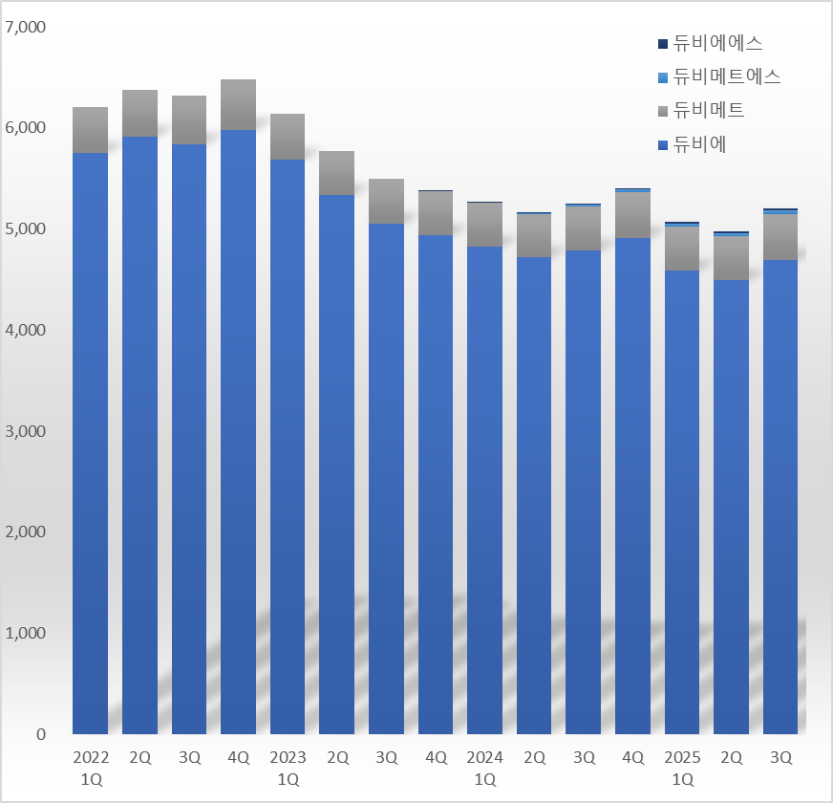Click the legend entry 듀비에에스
[717, 43]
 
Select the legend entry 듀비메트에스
[727, 76]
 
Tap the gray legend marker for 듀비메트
[663, 111]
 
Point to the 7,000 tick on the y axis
[26, 27]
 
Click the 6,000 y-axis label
[26, 128]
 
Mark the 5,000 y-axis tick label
[26, 229]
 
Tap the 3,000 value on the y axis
[26, 431]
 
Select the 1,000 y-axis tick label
[26, 633]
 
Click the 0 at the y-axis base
[41, 734]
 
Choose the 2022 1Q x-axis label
[91, 768]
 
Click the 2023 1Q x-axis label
[288, 768]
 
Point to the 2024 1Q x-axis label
[484, 768]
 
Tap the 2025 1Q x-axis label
[682, 768]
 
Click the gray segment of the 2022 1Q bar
[91, 130]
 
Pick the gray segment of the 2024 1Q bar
[484, 225]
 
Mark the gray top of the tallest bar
[239, 104]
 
